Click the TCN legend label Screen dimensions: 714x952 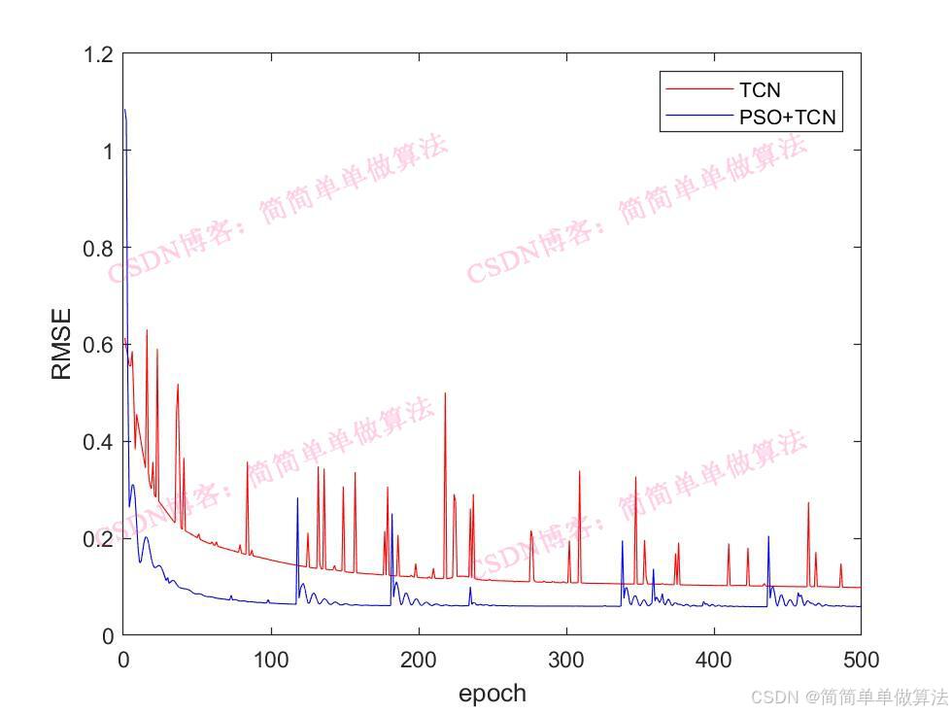click(x=759, y=90)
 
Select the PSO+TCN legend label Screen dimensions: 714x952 click(x=787, y=118)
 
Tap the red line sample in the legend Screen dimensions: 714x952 click(x=698, y=90)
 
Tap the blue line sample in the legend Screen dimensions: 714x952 click(x=698, y=118)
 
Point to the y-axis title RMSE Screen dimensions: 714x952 click(x=61, y=344)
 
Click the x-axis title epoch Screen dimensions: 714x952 click(x=492, y=694)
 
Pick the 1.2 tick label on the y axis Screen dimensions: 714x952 click(x=98, y=54)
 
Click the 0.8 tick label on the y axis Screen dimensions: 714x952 click(x=98, y=248)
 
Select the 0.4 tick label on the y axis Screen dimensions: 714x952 click(x=98, y=442)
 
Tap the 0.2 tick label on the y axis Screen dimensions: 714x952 click(x=98, y=538)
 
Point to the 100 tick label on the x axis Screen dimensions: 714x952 click(x=271, y=661)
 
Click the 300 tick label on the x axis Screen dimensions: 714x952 click(x=565, y=661)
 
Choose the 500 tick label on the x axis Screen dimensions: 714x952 click(x=861, y=661)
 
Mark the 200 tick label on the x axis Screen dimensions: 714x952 click(x=419, y=661)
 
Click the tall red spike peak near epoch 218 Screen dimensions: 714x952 click(x=445, y=393)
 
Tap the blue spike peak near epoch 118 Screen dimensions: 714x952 click(x=297, y=498)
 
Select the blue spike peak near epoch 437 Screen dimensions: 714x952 click(x=768, y=536)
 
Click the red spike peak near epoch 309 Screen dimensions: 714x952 click(x=579, y=472)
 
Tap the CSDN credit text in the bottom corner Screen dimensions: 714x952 click(x=849, y=697)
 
